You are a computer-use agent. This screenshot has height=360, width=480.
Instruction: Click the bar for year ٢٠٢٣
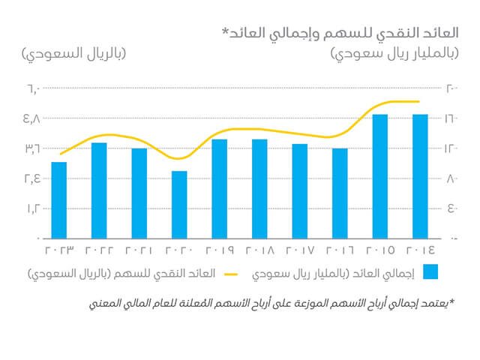click(x=59, y=199)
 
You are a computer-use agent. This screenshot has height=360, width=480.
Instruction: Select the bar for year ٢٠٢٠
click(x=179, y=204)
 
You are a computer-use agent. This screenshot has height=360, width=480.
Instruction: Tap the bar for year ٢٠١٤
click(x=420, y=175)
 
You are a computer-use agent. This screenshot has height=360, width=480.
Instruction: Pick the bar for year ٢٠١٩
click(x=220, y=188)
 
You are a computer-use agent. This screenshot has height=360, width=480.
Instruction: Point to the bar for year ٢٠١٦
click(x=340, y=193)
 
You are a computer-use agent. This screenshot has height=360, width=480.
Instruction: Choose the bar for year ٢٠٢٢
click(x=99, y=190)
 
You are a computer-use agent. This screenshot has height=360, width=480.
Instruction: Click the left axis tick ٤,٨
click(x=31, y=118)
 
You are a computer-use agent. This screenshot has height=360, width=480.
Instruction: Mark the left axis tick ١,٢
click(x=31, y=208)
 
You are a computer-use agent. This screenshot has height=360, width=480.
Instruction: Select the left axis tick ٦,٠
click(x=31, y=88)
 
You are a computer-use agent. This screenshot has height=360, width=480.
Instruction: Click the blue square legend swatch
click(x=430, y=271)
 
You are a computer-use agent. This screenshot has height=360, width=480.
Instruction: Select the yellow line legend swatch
click(x=229, y=273)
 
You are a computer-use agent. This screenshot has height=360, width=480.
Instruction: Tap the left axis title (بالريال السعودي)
click(x=71, y=55)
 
